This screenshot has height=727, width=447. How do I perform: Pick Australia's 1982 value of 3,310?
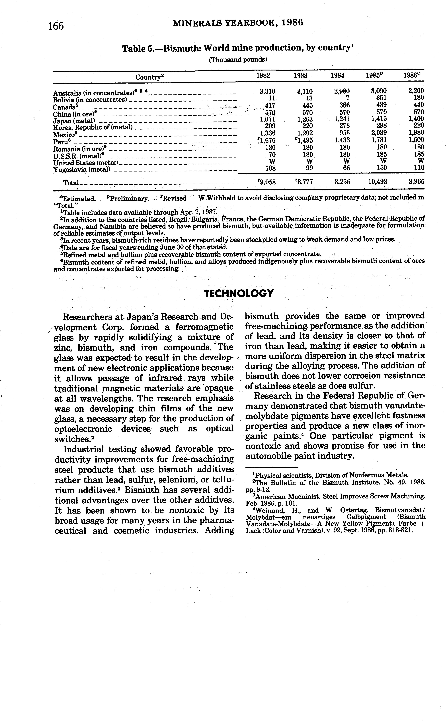point(267,91)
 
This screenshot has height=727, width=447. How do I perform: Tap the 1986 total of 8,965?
point(416,182)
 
